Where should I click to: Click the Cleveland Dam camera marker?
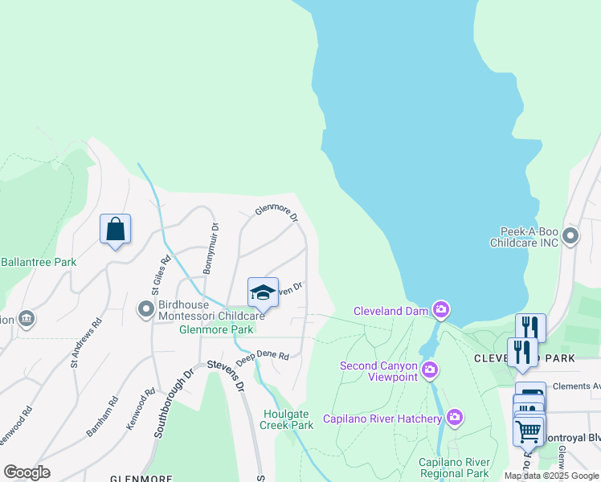(440, 309)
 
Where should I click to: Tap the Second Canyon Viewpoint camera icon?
(430, 370)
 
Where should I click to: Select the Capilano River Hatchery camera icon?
(455, 416)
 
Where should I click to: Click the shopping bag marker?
(116, 229)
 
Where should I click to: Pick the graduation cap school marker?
(263, 292)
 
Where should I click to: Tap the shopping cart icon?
(528, 431)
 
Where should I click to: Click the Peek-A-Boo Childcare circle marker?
(570, 236)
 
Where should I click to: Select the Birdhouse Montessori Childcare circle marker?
(145, 308)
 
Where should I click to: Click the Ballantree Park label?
(38, 262)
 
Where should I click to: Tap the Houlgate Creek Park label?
(288, 419)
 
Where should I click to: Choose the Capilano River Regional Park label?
(454, 468)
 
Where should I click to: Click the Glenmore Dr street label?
(276, 214)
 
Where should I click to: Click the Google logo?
(27, 472)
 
